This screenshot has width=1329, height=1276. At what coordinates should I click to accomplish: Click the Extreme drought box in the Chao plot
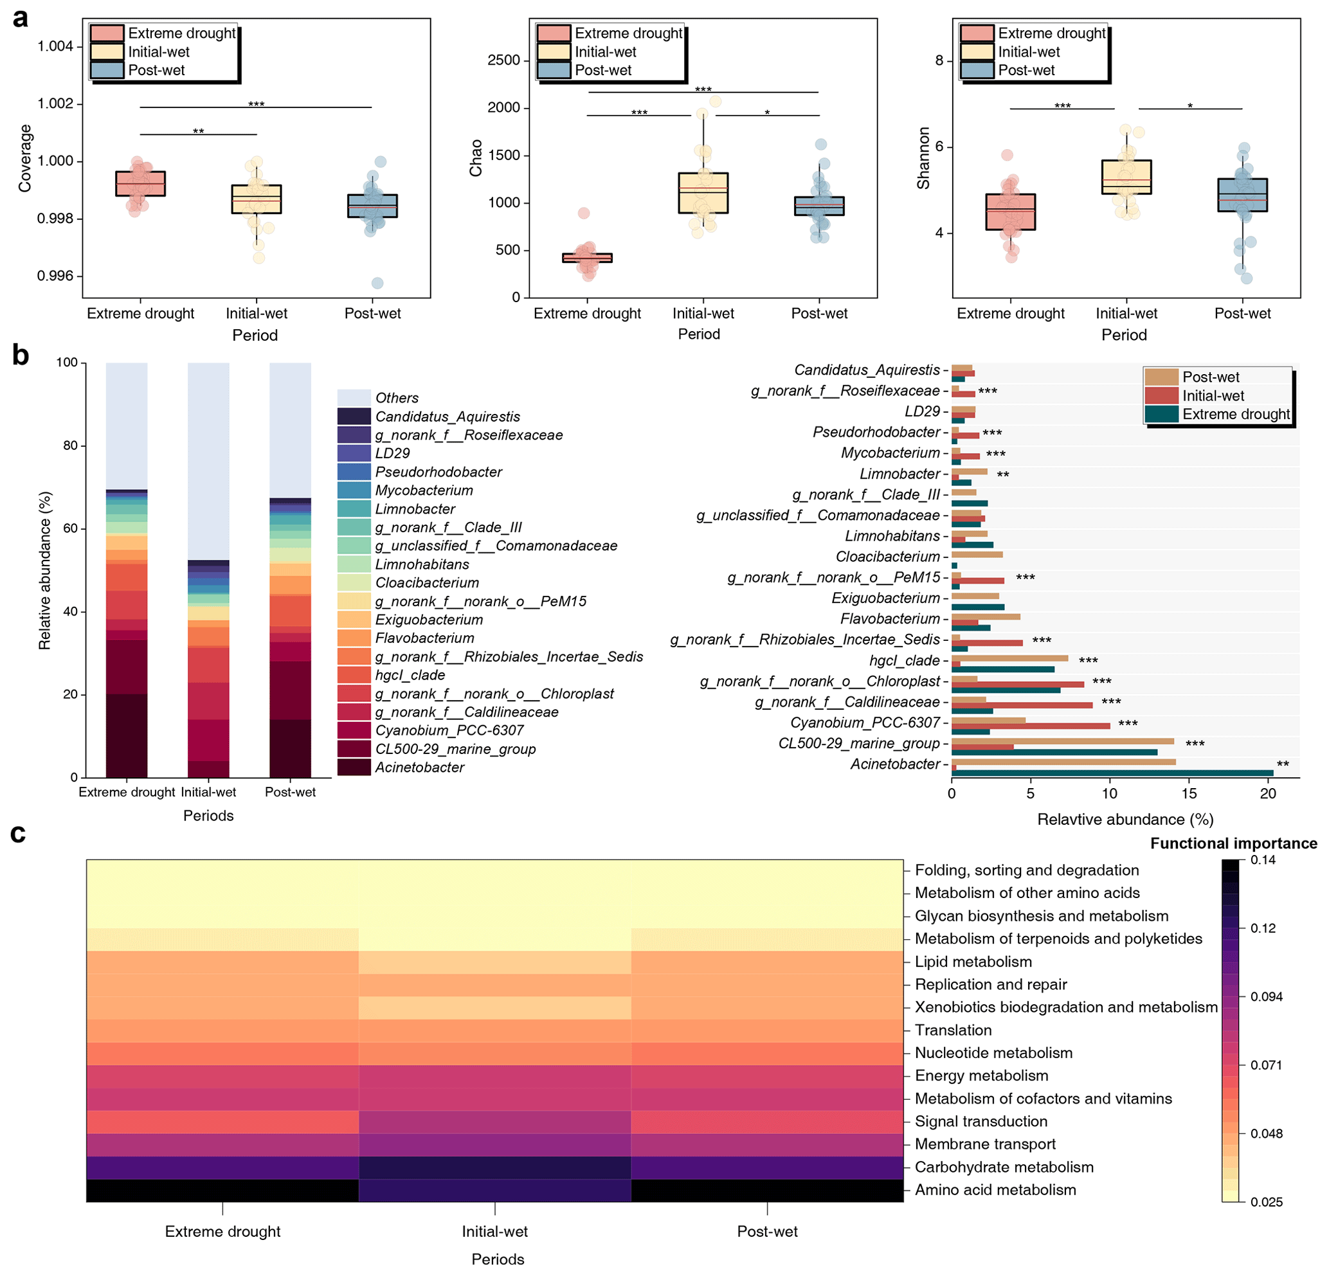tap(587, 258)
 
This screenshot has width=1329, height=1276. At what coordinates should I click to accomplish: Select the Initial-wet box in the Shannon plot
tap(1126, 177)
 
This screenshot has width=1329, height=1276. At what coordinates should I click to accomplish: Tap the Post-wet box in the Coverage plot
tap(372, 206)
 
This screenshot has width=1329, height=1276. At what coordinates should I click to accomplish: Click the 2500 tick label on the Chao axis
tap(503, 60)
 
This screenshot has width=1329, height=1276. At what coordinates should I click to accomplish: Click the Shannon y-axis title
tap(923, 158)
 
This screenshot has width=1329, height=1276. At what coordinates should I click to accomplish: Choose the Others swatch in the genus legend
tap(354, 398)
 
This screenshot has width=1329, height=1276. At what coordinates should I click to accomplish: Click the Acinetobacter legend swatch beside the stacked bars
tap(354, 768)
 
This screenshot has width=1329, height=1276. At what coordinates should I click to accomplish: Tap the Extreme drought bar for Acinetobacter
tap(1112, 773)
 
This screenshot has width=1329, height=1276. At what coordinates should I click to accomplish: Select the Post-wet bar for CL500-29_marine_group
tap(1063, 741)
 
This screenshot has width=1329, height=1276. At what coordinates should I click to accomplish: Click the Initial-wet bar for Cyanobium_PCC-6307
tap(1031, 726)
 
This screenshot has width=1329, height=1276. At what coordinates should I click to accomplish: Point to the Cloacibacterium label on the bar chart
tap(887, 557)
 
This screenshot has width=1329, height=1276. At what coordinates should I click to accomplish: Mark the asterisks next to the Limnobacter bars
tap(1003, 474)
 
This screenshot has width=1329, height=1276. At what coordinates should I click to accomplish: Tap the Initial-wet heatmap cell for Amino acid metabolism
tap(494, 1190)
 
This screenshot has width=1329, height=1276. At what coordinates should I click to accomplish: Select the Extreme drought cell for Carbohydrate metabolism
tap(222, 1167)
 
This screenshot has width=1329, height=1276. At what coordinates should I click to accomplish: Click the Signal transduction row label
tap(981, 1122)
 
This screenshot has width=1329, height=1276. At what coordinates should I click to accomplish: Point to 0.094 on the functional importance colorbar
tap(1266, 996)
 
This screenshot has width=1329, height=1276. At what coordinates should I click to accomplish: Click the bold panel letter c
tap(18, 833)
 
